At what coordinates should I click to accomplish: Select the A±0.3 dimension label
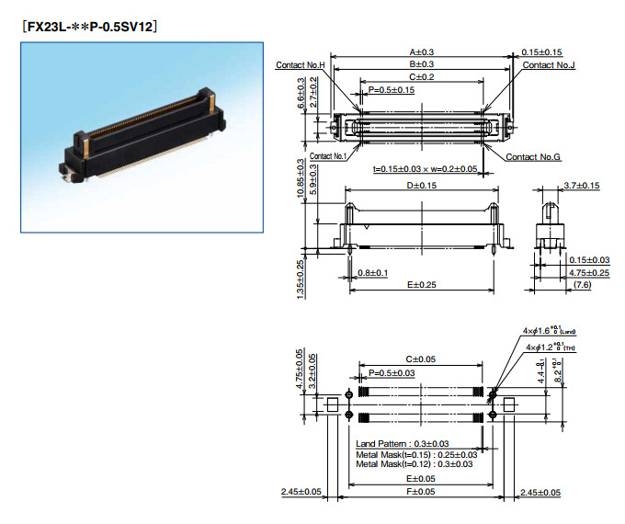pos(422,52)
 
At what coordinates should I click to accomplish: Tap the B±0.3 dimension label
pos(422,63)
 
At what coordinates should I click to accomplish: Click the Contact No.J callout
pos(551,65)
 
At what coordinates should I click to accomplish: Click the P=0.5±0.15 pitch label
pos(391,89)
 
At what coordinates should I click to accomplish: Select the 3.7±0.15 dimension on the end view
pos(580,187)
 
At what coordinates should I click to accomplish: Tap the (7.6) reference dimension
pos(582,285)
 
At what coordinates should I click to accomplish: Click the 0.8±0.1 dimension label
pos(372,273)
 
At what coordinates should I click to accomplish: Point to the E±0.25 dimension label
pos(422,284)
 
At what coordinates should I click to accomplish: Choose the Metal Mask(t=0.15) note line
pos(416,454)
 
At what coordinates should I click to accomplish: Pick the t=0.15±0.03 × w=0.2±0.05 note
pos(424,169)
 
